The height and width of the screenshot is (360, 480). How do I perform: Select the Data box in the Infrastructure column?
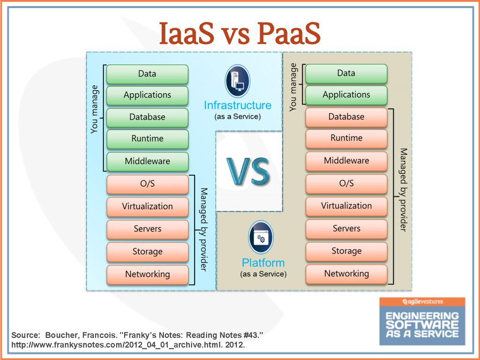pyautogui.click(x=147, y=74)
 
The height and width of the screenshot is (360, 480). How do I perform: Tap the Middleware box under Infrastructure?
pyautogui.click(x=147, y=161)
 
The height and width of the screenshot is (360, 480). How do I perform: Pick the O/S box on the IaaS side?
pyautogui.click(x=147, y=184)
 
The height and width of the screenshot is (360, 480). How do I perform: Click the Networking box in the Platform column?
pyautogui.click(x=346, y=274)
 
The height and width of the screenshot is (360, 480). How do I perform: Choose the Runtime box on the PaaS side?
pyautogui.click(x=346, y=138)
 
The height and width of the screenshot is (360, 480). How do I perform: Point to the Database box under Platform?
pyautogui.click(x=346, y=117)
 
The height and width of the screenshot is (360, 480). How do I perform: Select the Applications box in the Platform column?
pyautogui.click(x=346, y=95)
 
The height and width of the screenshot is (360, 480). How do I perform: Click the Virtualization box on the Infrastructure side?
pyautogui.click(x=147, y=206)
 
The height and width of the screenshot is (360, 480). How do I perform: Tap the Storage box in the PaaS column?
pyautogui.click(x=346, y=251)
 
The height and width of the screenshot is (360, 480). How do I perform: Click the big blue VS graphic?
pyautogui.click(x=248, y=171)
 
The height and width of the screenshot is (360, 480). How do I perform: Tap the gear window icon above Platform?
pyautogui.click(x=261, y=238)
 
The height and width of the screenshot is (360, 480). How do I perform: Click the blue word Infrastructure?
pyautogui.click(x=237, y=105)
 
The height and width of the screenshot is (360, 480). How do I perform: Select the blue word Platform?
pyautogui.click(x=263, y=262)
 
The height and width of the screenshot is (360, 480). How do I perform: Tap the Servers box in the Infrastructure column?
pyautogui.click(x=147, y=229)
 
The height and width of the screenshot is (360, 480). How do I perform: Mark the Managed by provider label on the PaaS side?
pyautogui.click(x=403, y=190)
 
